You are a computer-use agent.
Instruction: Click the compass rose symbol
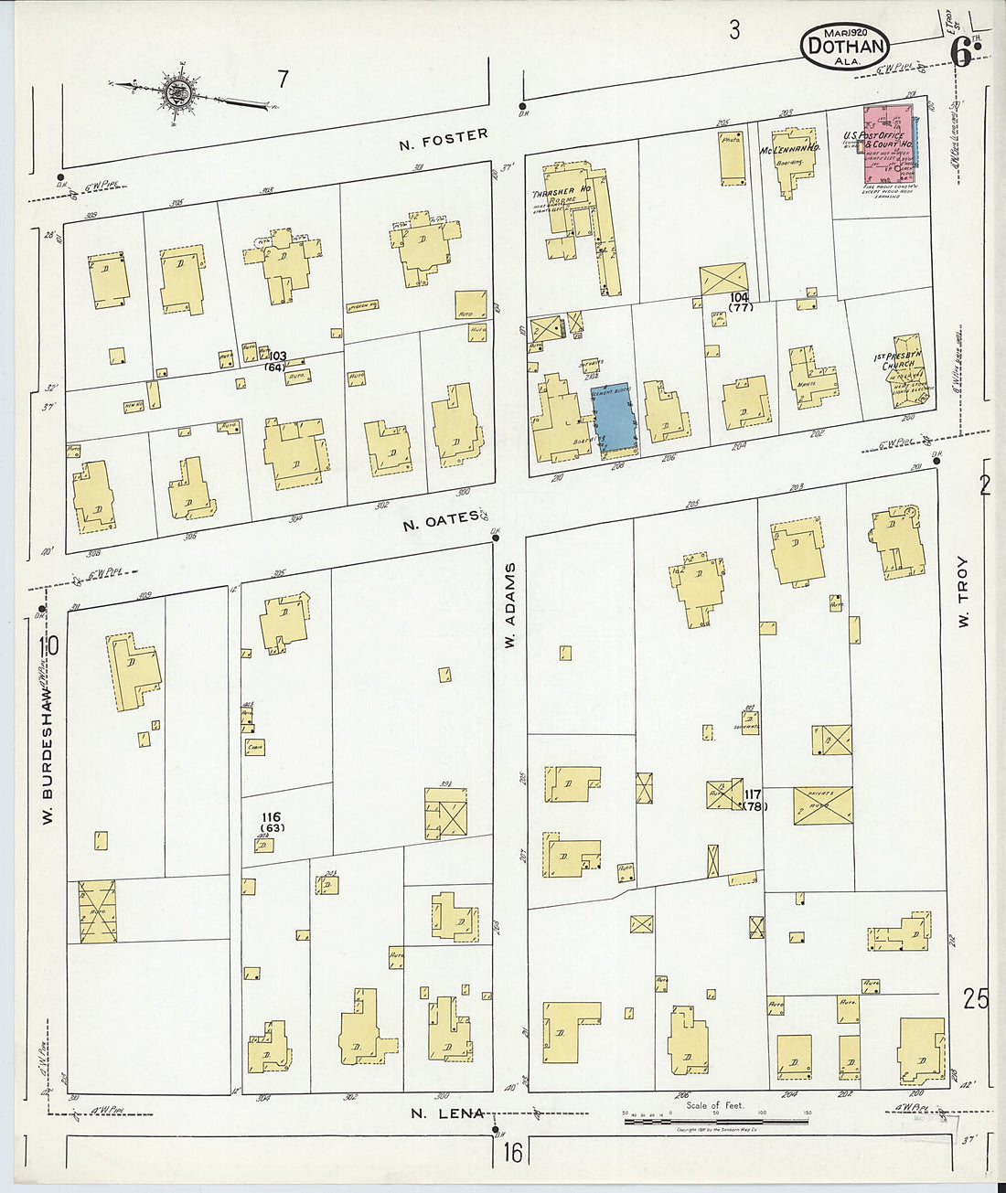[177, 91]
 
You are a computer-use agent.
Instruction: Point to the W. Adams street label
[510, 606]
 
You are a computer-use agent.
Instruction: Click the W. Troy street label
[962, 592]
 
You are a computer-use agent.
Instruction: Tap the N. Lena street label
[446, 1113]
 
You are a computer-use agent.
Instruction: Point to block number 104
[739, 298]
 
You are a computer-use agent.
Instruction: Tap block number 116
[271, 816]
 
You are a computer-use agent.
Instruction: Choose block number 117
[754, 794]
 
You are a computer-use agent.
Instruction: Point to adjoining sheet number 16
[512, 1154]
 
